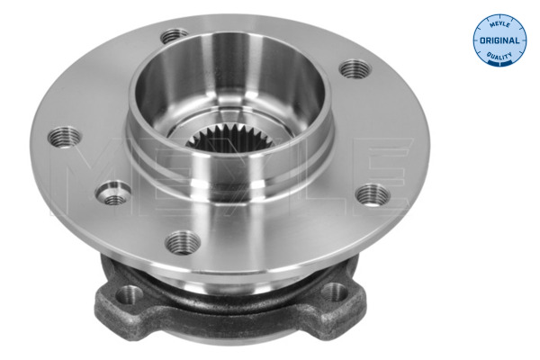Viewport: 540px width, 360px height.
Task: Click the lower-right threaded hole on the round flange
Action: [x=373, y=194]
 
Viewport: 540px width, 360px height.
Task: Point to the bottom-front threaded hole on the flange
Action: [x=183, y=241]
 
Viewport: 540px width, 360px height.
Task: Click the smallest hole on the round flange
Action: [x=114, y=193]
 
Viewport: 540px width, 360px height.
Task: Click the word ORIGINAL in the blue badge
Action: [x=498, y=41]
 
